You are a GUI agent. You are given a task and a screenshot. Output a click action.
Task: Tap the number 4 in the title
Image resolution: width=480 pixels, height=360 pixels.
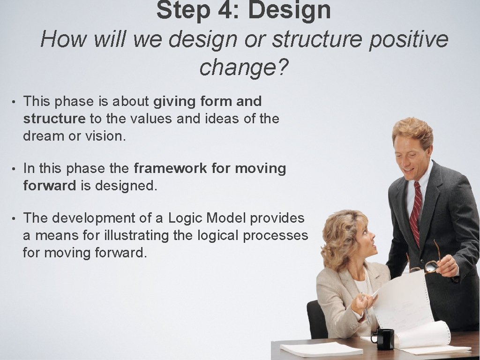[x=224, y=10]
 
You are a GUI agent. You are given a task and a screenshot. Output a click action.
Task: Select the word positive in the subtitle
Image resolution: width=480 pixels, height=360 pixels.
[x=408, y=39]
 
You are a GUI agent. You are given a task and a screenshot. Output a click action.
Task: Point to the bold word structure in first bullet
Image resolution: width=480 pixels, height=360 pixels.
[x=54, y=119]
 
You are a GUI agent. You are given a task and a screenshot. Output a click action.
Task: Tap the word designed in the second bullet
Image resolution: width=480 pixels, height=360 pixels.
[x=126, y=186]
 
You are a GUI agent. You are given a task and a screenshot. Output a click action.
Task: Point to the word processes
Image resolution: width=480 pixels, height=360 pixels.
[x=275, y=235]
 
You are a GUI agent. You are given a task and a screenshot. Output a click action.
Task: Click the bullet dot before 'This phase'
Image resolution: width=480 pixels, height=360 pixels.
[x=15, y=102]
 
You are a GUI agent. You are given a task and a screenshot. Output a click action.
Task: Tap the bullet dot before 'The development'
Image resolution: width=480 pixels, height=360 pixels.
[x=15, y=218]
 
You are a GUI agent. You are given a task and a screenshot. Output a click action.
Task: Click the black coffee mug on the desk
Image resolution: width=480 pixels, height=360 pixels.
[x=385, y=338]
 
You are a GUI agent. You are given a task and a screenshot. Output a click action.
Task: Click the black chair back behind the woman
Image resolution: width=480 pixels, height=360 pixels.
[x=317, y=319]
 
